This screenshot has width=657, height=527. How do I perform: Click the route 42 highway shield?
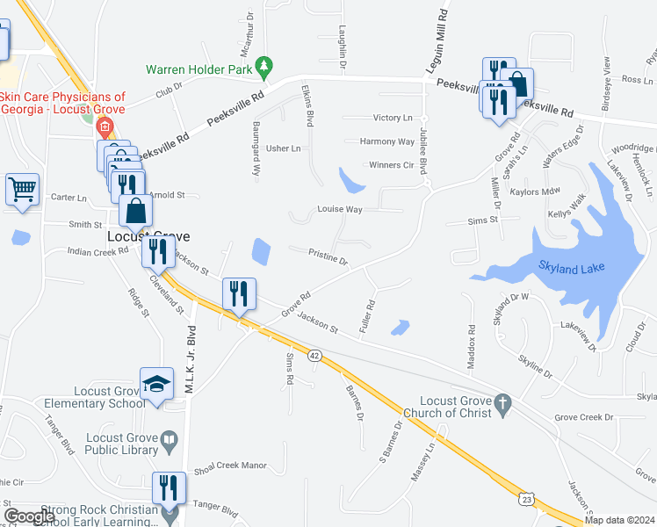[314, 356]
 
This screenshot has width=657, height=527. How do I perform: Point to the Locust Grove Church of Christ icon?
[502, 404]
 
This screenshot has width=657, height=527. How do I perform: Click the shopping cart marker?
[22, 189]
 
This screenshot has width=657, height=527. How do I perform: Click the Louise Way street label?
[340, 210]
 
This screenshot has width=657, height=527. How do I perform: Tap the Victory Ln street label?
[392, 118]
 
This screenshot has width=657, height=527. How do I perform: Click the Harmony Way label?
[387, 141]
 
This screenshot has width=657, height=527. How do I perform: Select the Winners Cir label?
[390, 165]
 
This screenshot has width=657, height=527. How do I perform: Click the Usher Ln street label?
[284, 148]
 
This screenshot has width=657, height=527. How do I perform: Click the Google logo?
[30, 516]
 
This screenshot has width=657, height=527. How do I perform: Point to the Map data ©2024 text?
[619, 520]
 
